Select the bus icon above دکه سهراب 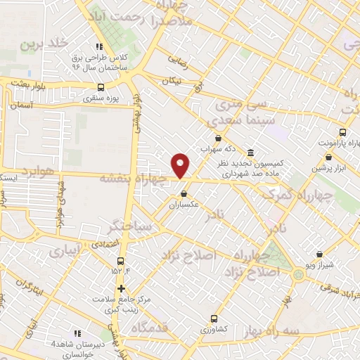(218, 139)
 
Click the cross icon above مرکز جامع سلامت (121, 288)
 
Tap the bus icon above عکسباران (184, 193)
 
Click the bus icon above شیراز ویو (320, 254)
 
